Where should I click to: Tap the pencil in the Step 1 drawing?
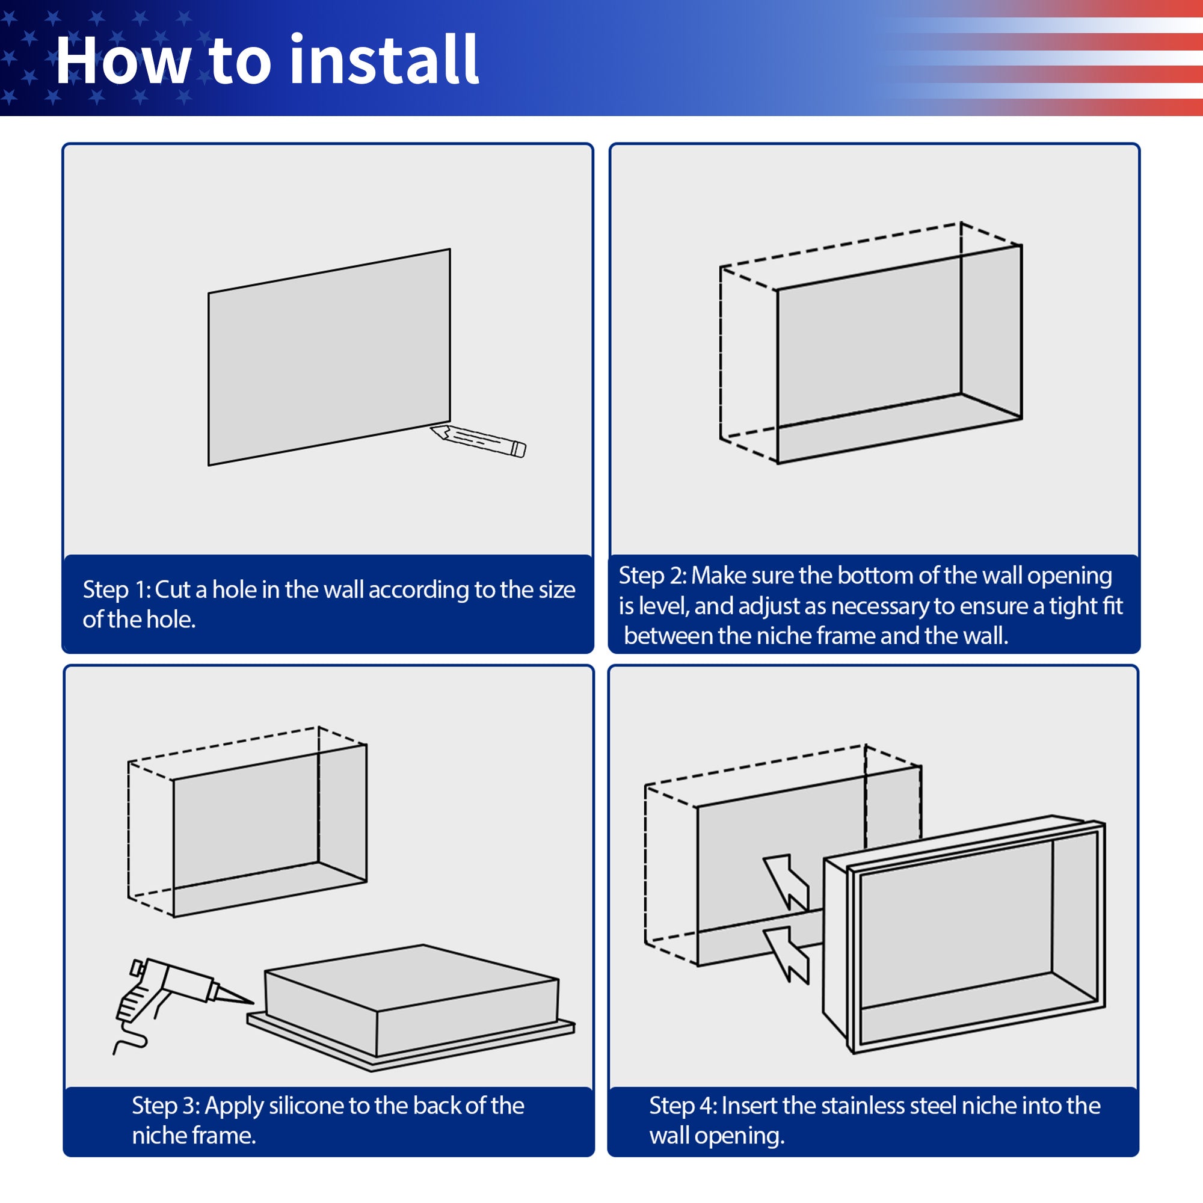tap(478, 441)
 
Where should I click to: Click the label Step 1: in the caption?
tap(117, 590)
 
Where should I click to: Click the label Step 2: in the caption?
tap(653, 576)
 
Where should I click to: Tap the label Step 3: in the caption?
tap(165, 1107)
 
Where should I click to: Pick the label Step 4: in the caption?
tap(684, 1107)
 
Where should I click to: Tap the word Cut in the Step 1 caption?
tap(173, 589)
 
